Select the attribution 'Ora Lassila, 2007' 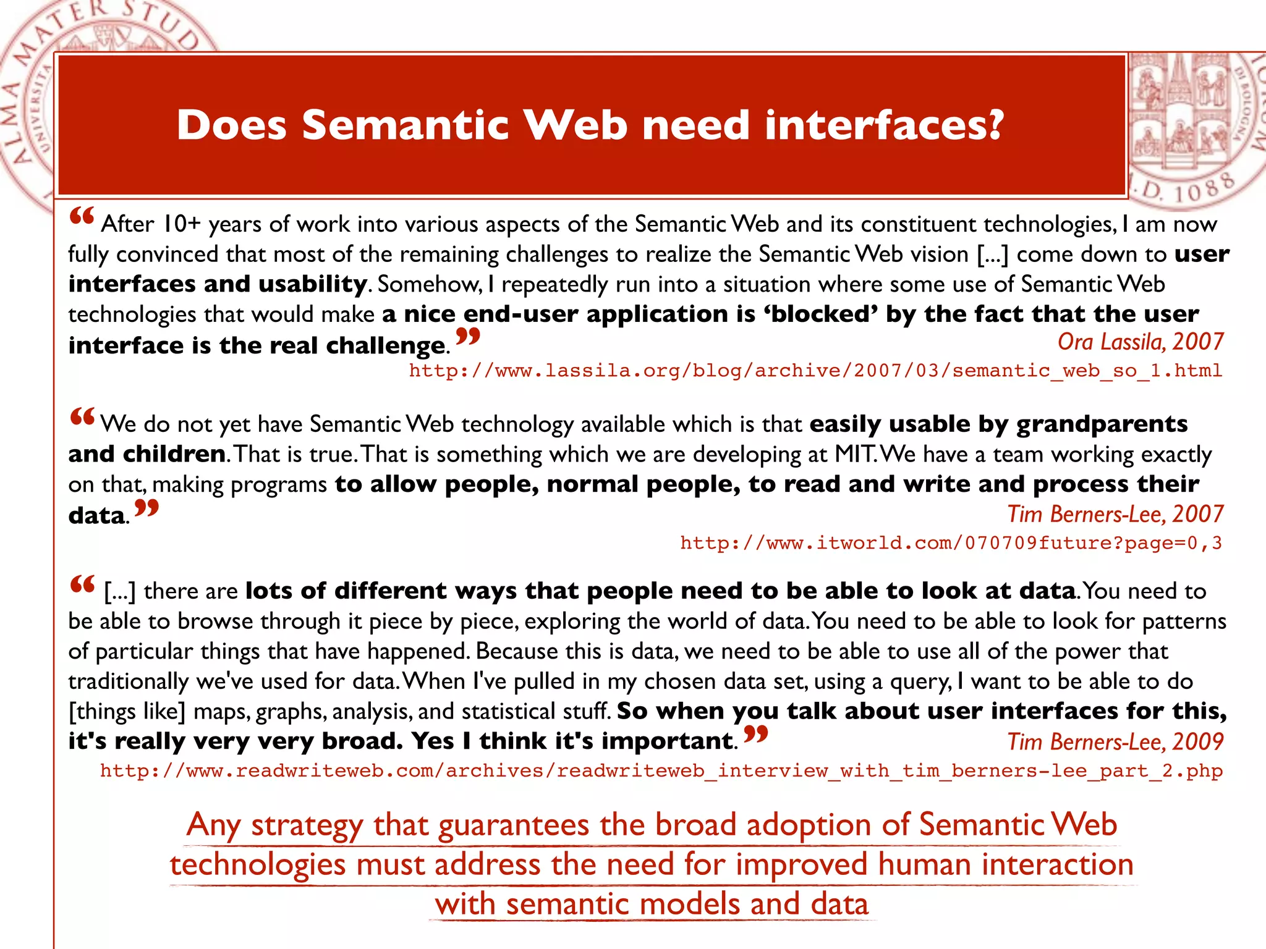tap(1140, 342)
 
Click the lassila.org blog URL tap(815, 371)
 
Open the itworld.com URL tap(951, 543)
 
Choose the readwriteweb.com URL tap(661, 771)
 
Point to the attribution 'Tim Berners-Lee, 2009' tap(1115, 741)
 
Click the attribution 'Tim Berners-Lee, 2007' tap(1115, 514)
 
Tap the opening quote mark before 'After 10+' tap(82, 216)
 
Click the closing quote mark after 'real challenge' tap(467, 337)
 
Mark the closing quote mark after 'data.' tap(147, 508)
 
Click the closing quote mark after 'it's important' tap(755, 734)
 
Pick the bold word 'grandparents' tap(1102, 424)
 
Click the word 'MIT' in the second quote tap(854, 454)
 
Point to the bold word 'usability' tap(313, 284)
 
